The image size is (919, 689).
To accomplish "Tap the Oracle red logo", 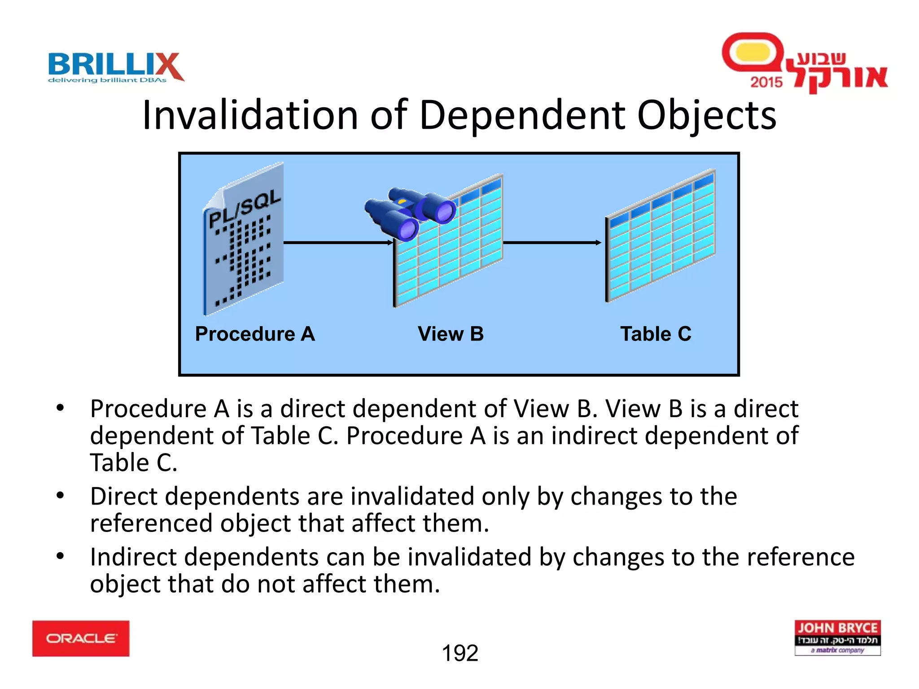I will tap(81, 638).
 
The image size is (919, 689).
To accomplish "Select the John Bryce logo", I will tap(837, 637).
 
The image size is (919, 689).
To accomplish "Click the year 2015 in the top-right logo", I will tap(766, 82).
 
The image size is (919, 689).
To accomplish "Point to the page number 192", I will tap(460, 653).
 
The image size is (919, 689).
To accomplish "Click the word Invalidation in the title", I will tap(249, 115).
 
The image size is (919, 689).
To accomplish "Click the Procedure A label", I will tap(255, 334).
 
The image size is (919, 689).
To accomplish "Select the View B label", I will tap(451, 334).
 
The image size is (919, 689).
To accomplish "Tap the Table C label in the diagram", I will tap(656, 334).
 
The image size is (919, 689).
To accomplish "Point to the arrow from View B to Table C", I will tap(552, 243).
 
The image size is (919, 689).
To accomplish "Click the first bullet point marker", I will tap(60, 408).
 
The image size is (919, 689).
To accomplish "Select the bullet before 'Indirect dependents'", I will tap(60, 557).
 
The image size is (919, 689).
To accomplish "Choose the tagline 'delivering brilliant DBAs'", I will tap(107, 80).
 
